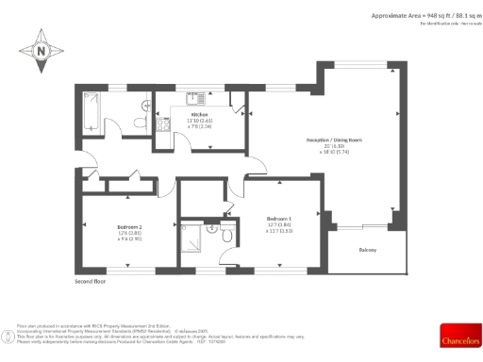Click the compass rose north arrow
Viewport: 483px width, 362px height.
42,53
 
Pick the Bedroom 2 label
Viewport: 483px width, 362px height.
129,227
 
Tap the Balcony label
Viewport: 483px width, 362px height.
368,250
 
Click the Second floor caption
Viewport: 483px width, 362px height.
91,281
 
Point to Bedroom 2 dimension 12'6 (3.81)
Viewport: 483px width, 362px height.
129,233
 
